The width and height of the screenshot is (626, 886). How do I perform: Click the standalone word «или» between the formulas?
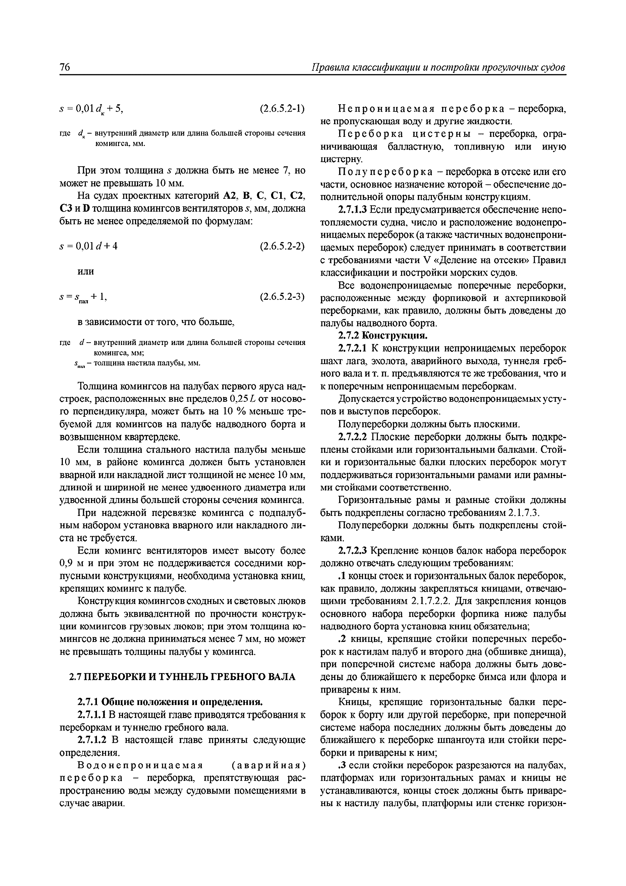click(86, 271)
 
